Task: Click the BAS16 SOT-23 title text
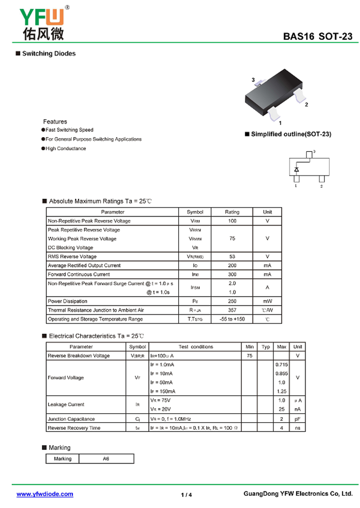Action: pyautogui.click(x=318, y=37)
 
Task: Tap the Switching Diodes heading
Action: pyautogui.click(x=49, y=53)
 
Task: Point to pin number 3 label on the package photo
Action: pyautogui.click(x=253, y=80)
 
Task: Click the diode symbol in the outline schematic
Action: pyautogui.click(x=297, y=169)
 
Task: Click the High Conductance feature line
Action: pyautogui.click(x=66, y=148)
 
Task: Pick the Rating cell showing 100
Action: pyautogui.click(x=232, y=221)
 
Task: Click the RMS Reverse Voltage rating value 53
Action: pyautogui.click(x=232, y=256)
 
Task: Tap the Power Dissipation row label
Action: pyautogui.click(x=67, y=301)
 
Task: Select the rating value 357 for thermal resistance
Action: pyautogui.click(x=232, y=310)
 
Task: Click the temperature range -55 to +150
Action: pyautogui.click(x=232, y=319)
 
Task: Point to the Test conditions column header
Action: pyautogui.click(x=196, y=347)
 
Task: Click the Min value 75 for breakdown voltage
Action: pyautogui.click(x=249, y=356)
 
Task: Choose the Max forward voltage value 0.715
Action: pyautogui.click(x=282, y=365)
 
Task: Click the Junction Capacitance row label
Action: pyautogui.click(x=71, y=419)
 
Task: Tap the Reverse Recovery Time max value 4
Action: pyautogui.click(x=282, y=428)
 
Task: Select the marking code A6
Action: pyautogui.click(x=106, y=459)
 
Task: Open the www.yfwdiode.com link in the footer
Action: pyautogui.click(x=45, y=494)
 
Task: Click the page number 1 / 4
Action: pyautogui.click(x=186, y=495)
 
